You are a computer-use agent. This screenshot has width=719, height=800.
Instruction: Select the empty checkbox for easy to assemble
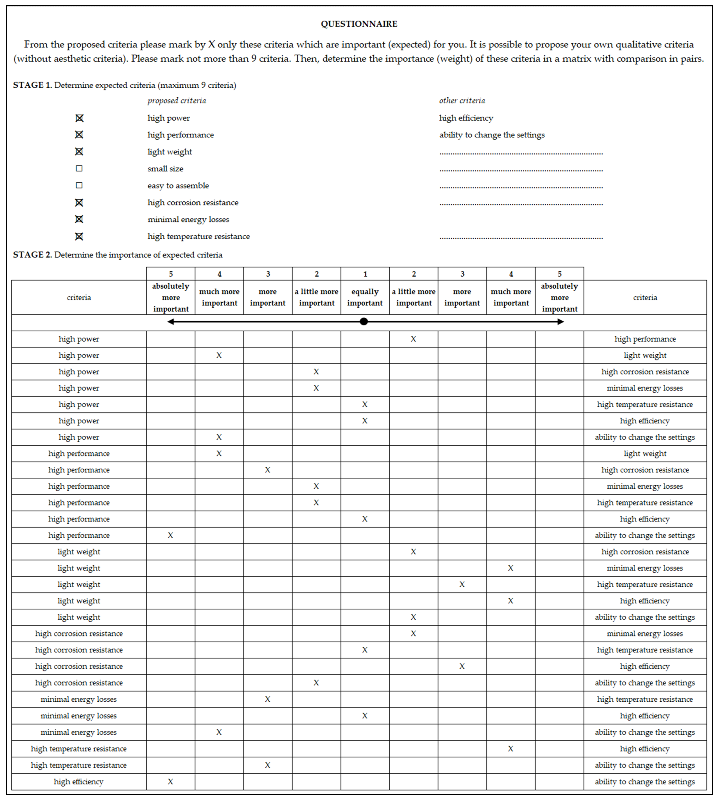point(79,185)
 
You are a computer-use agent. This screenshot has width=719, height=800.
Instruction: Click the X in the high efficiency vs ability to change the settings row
point(170,781)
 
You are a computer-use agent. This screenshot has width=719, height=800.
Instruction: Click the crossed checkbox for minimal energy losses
point(79,219)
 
